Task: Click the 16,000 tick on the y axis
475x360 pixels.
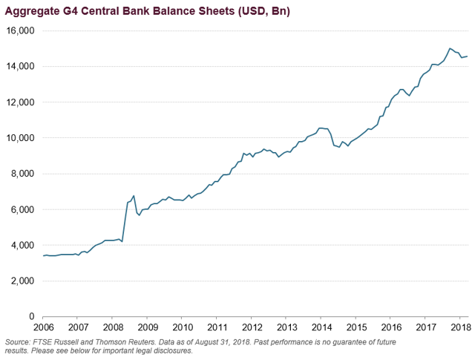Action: pos(20,30)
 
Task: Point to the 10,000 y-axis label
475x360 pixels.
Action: pos(20,138)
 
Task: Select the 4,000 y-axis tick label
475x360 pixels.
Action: pos(22,245)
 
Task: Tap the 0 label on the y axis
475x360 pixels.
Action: pos(32,317)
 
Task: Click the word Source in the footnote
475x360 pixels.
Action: pos(19,341)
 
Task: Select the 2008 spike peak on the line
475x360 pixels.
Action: pos(134,196)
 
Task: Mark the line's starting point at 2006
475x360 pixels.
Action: pos(43,256)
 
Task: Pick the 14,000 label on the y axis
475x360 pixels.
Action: pos(20,66)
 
